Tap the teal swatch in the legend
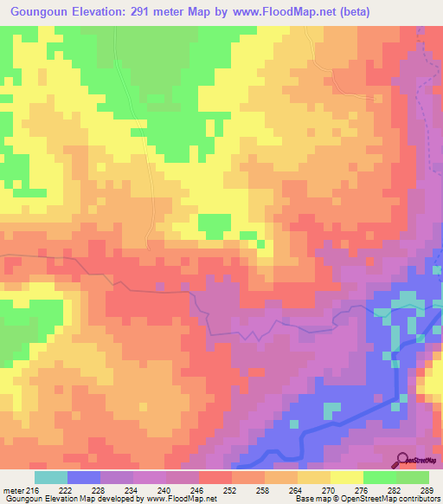[51, 476]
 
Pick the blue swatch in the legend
[84, 476]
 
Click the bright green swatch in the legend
[380, 476]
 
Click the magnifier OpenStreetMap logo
[403, 459]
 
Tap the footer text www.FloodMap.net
[182, 499]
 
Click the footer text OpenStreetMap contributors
[394, 499]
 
